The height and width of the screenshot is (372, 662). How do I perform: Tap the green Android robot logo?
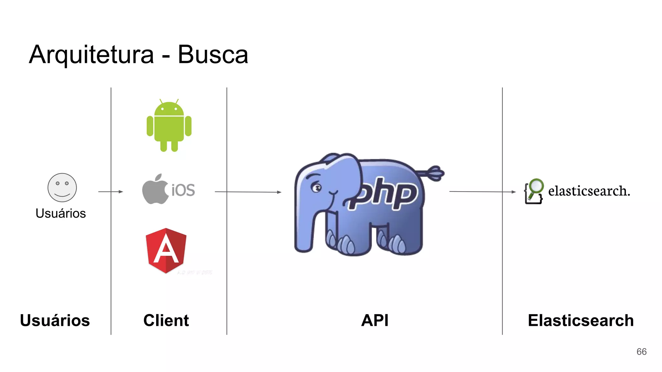169,126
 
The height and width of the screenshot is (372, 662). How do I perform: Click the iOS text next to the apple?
183,190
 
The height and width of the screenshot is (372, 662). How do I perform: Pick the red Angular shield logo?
166,251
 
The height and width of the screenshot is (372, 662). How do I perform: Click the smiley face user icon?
62,188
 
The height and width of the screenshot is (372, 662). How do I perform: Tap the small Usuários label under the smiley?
61,213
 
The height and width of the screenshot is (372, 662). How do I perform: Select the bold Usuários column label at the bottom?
55,320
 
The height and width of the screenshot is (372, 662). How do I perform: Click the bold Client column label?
166,320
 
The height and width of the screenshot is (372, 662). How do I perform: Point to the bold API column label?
375,320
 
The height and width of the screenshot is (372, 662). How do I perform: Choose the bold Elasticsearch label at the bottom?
581,320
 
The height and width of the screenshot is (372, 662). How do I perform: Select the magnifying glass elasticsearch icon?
534,191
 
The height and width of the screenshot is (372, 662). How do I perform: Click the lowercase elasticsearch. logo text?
589,191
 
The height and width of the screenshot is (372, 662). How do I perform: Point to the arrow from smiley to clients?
111,192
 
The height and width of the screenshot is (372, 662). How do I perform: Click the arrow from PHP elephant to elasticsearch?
482,192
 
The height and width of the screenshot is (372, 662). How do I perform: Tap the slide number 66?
641,352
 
